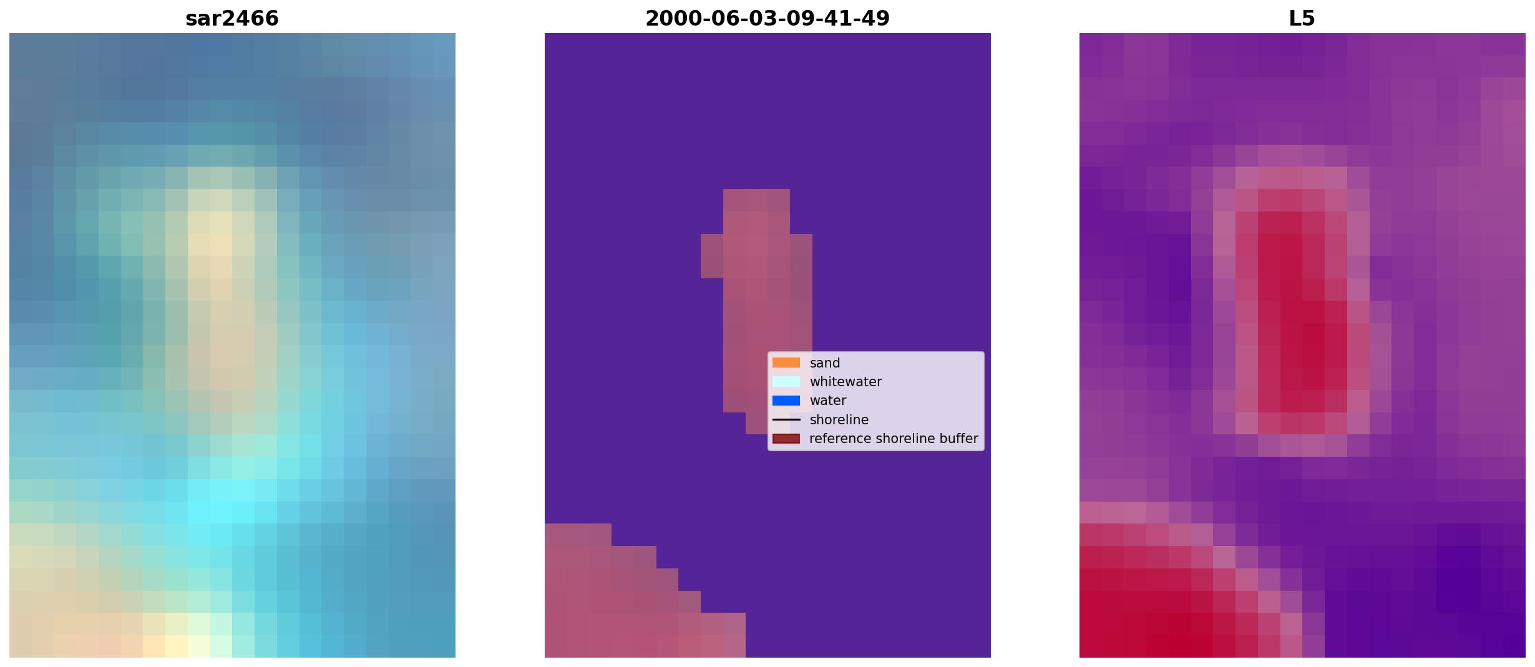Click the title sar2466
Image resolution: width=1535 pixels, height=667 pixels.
(232, 18)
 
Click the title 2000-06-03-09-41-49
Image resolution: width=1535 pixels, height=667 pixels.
(767, 18)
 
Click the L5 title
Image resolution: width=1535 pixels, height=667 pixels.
(1302, 18)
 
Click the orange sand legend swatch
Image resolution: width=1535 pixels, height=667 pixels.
(786, 363)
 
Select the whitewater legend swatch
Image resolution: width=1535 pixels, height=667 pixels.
(786, 381)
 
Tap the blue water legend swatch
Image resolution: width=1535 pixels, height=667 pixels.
(786, 401)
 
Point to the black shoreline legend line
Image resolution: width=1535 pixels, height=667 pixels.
(786, 419)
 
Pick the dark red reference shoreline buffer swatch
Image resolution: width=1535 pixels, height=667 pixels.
(786, 439)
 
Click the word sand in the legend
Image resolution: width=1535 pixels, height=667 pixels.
(825, 363)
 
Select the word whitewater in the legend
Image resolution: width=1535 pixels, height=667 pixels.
(845, 382)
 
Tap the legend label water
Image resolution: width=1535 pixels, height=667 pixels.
(828, 401)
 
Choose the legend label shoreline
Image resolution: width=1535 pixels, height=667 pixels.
(839, 420)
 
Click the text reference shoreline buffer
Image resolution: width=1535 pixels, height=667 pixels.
(894, 439)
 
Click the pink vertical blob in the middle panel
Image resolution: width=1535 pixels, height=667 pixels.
(756, 299)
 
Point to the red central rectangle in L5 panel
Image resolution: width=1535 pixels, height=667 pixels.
(1292, 312)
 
